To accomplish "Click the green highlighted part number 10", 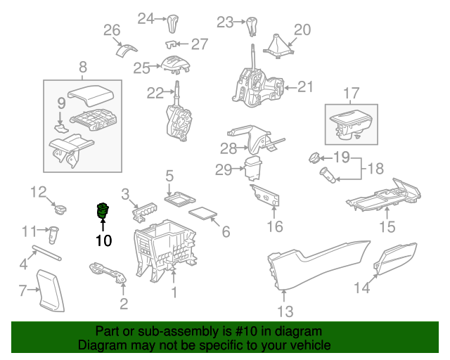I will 103,210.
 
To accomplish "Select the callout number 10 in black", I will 103,240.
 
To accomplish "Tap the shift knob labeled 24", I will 173,25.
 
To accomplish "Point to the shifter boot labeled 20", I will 278,47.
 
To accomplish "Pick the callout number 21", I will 304,87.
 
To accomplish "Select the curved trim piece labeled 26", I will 126,51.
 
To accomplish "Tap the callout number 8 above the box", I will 83,67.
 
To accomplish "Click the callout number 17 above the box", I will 351,93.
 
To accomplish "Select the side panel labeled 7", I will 49,288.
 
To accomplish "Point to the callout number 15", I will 387,226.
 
